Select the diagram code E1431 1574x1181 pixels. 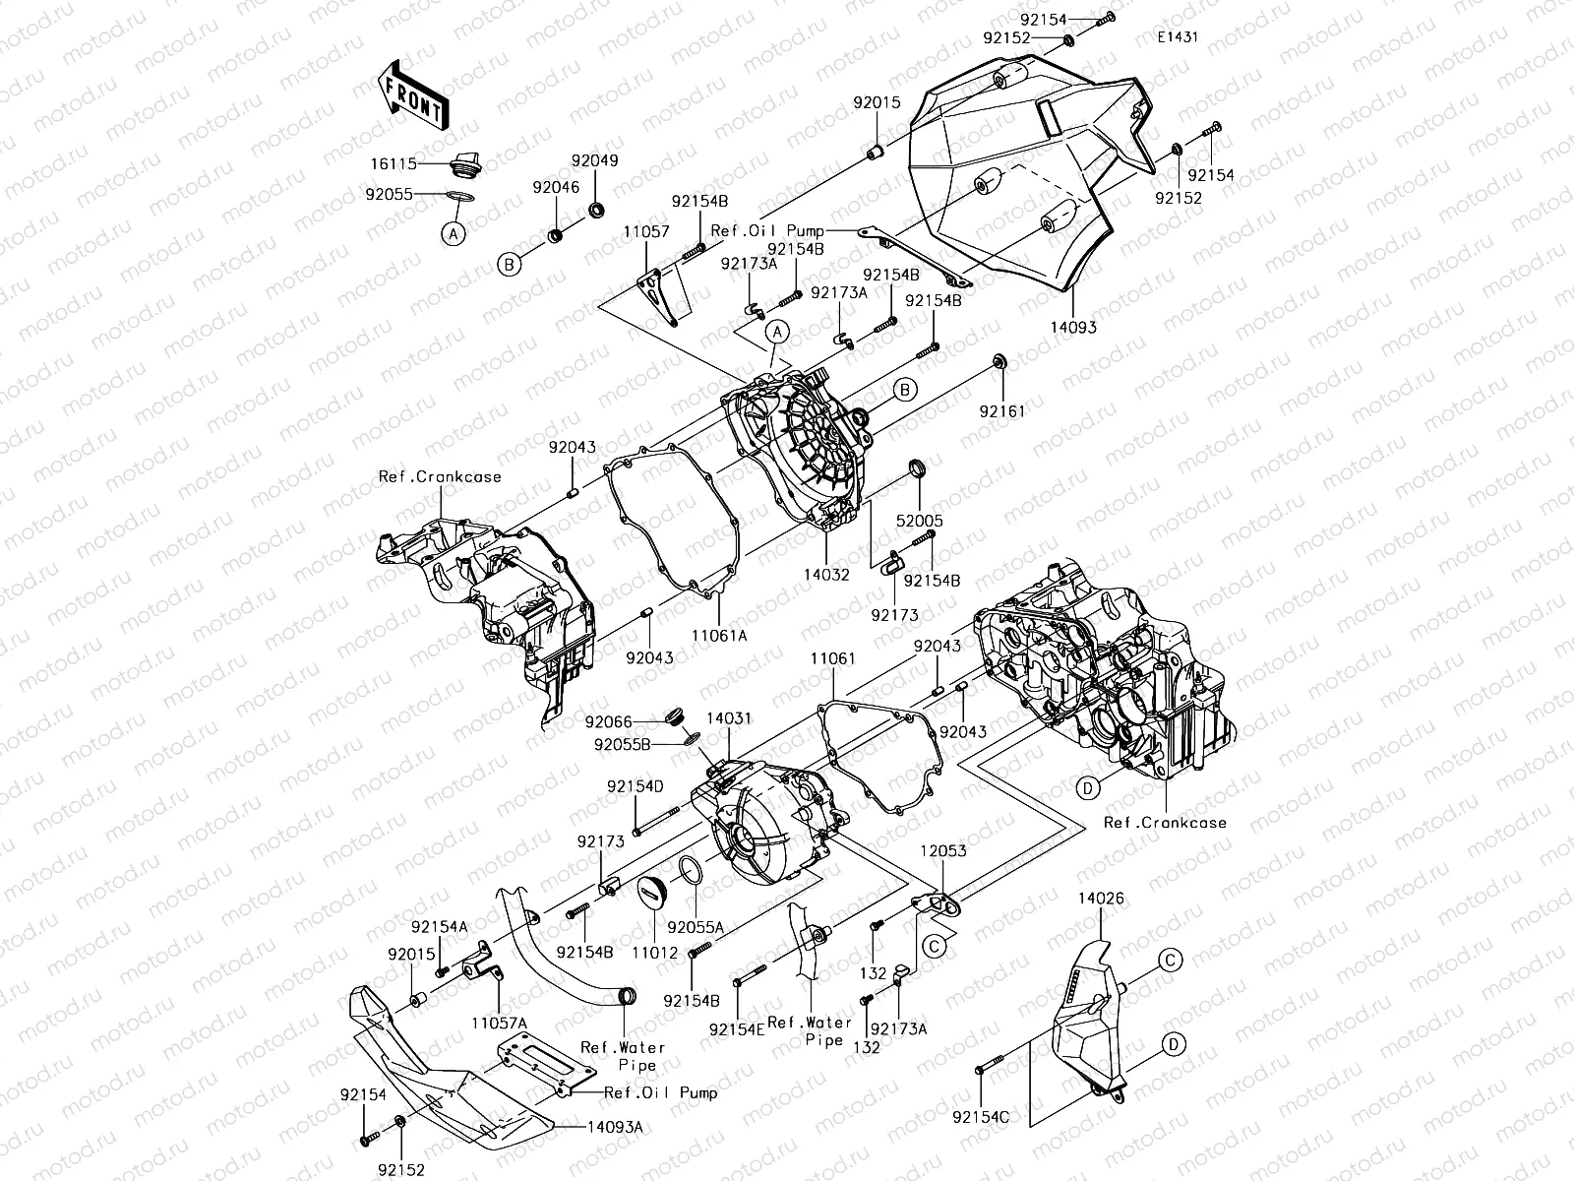(x=1178, y=37)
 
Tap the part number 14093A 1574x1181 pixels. (x=616, y=1127)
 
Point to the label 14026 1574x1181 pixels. (x=1101, y=899)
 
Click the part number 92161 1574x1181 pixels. (x=1001, y=410)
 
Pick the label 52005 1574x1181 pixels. (x=919, y=522)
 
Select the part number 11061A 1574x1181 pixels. (x=718, y=636)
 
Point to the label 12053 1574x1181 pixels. (x=943, y=850)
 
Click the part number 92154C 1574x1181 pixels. (x=981, y=1116)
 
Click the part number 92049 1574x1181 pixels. (x=595, y=160)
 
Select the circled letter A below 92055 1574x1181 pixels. (x=453, y=233)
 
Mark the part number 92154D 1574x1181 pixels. (x=635, y=786)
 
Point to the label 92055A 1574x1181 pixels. (x=696, y=927)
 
